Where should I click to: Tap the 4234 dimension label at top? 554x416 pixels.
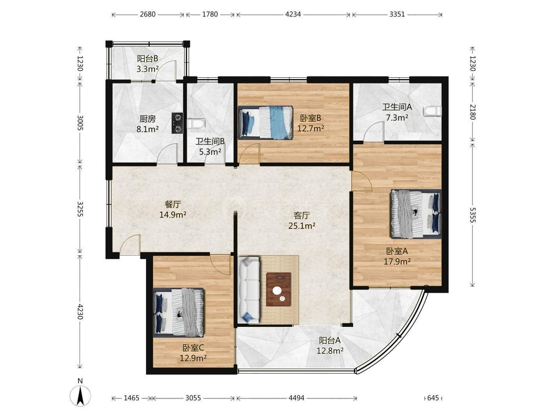[293, 14]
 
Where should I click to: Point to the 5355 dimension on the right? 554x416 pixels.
[472, 215]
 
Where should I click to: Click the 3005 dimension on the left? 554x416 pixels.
[80, 122]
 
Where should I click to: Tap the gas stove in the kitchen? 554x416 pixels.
[177, 123]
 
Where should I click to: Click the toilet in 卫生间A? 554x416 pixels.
[433, 111]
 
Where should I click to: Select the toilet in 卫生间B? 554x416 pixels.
[196, 123]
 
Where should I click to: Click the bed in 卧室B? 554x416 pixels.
[266, 122]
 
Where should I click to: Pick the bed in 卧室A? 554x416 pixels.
[416, 214]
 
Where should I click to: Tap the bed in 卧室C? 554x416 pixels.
[178, 313]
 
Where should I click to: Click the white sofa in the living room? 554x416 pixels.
[249, 290]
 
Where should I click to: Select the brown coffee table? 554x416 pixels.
[279, 289]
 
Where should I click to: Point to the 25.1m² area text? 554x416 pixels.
[302, 226]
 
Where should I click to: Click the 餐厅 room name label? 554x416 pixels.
[173, 204]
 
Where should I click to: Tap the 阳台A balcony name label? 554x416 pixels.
[330, 341]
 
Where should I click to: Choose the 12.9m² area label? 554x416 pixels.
[193, 358]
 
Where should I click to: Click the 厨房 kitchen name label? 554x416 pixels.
[147, 119]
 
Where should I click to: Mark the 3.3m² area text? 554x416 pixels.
[147, 69]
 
